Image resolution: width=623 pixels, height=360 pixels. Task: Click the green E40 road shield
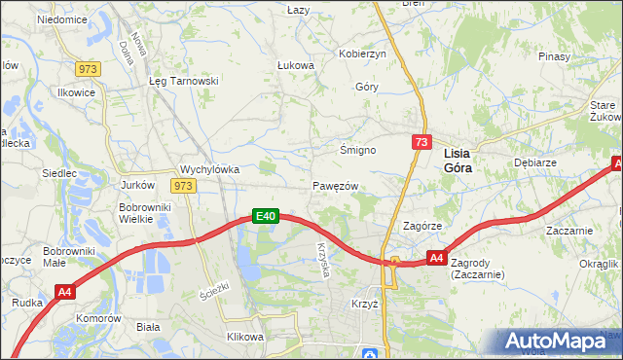[268, 216]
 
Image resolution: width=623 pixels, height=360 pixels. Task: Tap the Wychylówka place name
[210, 168]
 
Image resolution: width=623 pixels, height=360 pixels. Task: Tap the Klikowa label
[245, 337]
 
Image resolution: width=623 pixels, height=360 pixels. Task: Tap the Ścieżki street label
[212, 290]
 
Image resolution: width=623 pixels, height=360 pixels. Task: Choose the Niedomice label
[61, 19]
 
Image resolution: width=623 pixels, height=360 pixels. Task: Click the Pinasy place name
[552, 56]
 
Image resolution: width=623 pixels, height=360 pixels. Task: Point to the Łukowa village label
[296, 66]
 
